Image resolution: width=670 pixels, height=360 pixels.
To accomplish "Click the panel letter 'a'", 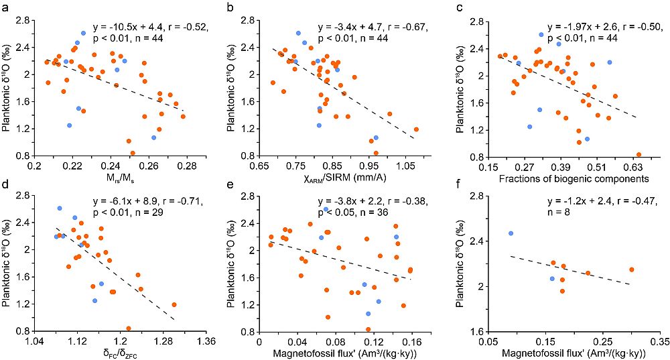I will click(x=5, y=7).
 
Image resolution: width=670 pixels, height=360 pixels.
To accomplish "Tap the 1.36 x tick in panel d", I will click(x=205, y=340).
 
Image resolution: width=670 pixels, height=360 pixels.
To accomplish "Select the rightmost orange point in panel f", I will click(x=631, y=269).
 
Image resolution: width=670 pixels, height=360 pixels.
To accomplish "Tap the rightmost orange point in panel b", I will click(x=416, y=129).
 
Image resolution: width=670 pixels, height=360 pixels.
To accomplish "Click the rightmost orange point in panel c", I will click(x=639, y=154).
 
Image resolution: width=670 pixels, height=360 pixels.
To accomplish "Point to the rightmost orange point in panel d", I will click(x=174, y=304).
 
